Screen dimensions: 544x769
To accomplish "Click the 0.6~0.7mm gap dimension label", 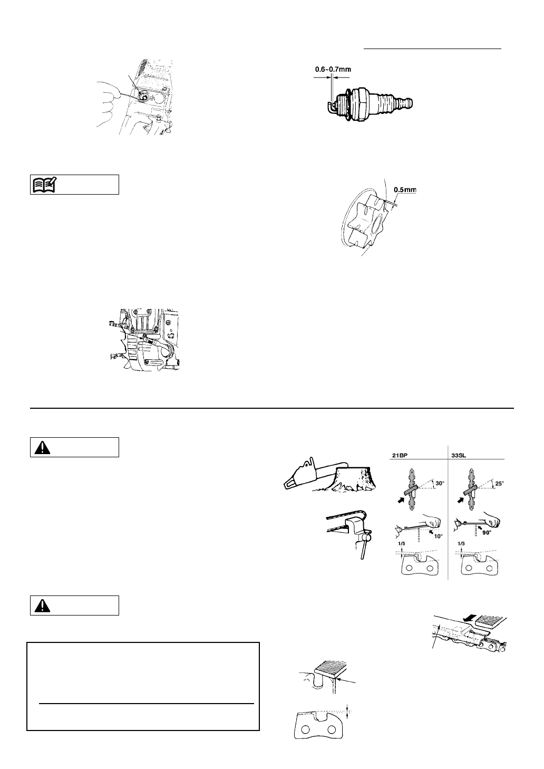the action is (333, 69).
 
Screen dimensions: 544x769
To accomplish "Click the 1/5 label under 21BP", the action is (403, 542).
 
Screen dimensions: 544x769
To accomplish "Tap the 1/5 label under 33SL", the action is (462, 542).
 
